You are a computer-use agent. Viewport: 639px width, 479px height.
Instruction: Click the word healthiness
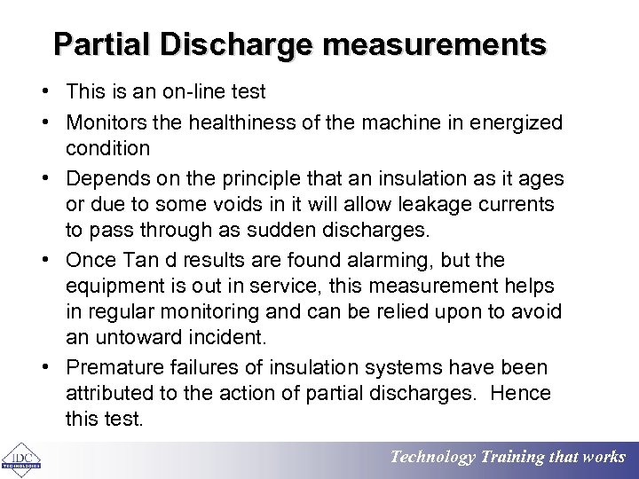(234, 122)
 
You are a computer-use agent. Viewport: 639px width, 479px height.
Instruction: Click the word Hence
(519, 393)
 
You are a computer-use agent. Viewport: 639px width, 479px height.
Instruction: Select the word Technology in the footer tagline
(433, 458)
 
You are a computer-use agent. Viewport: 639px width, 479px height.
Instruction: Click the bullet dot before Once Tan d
(43, 261)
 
